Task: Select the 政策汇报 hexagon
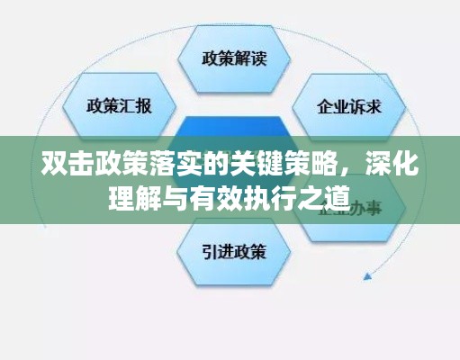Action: coord(120,105)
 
